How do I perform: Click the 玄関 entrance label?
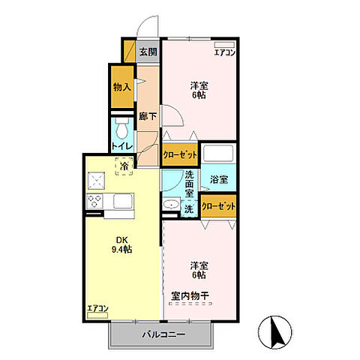point(148,52)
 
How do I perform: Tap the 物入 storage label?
point(122,87)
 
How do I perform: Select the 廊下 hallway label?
point(148,117)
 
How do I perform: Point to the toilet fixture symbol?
point(121,127)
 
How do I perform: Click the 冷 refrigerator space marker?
point(123,166)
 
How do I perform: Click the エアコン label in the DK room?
point(97,308)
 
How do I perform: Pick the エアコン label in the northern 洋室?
point(224,52)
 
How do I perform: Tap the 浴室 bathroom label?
point(219,180)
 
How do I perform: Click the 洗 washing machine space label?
point(190,210)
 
